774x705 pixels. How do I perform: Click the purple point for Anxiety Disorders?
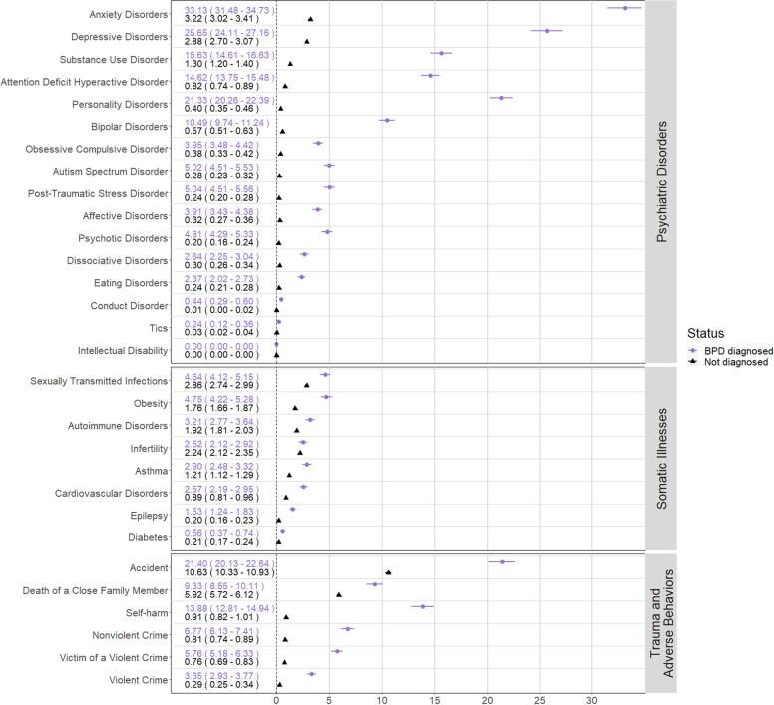[625, 8]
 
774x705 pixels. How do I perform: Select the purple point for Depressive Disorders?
[547, 30]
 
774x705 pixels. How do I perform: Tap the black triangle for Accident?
[388, 572]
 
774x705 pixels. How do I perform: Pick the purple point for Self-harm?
[423, 606]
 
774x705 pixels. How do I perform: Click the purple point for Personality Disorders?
[501, 98]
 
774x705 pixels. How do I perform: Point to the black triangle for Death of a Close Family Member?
[339, 594]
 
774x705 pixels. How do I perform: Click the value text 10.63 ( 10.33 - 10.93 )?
[229, 572]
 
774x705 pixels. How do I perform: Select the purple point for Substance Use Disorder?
[441, 53]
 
